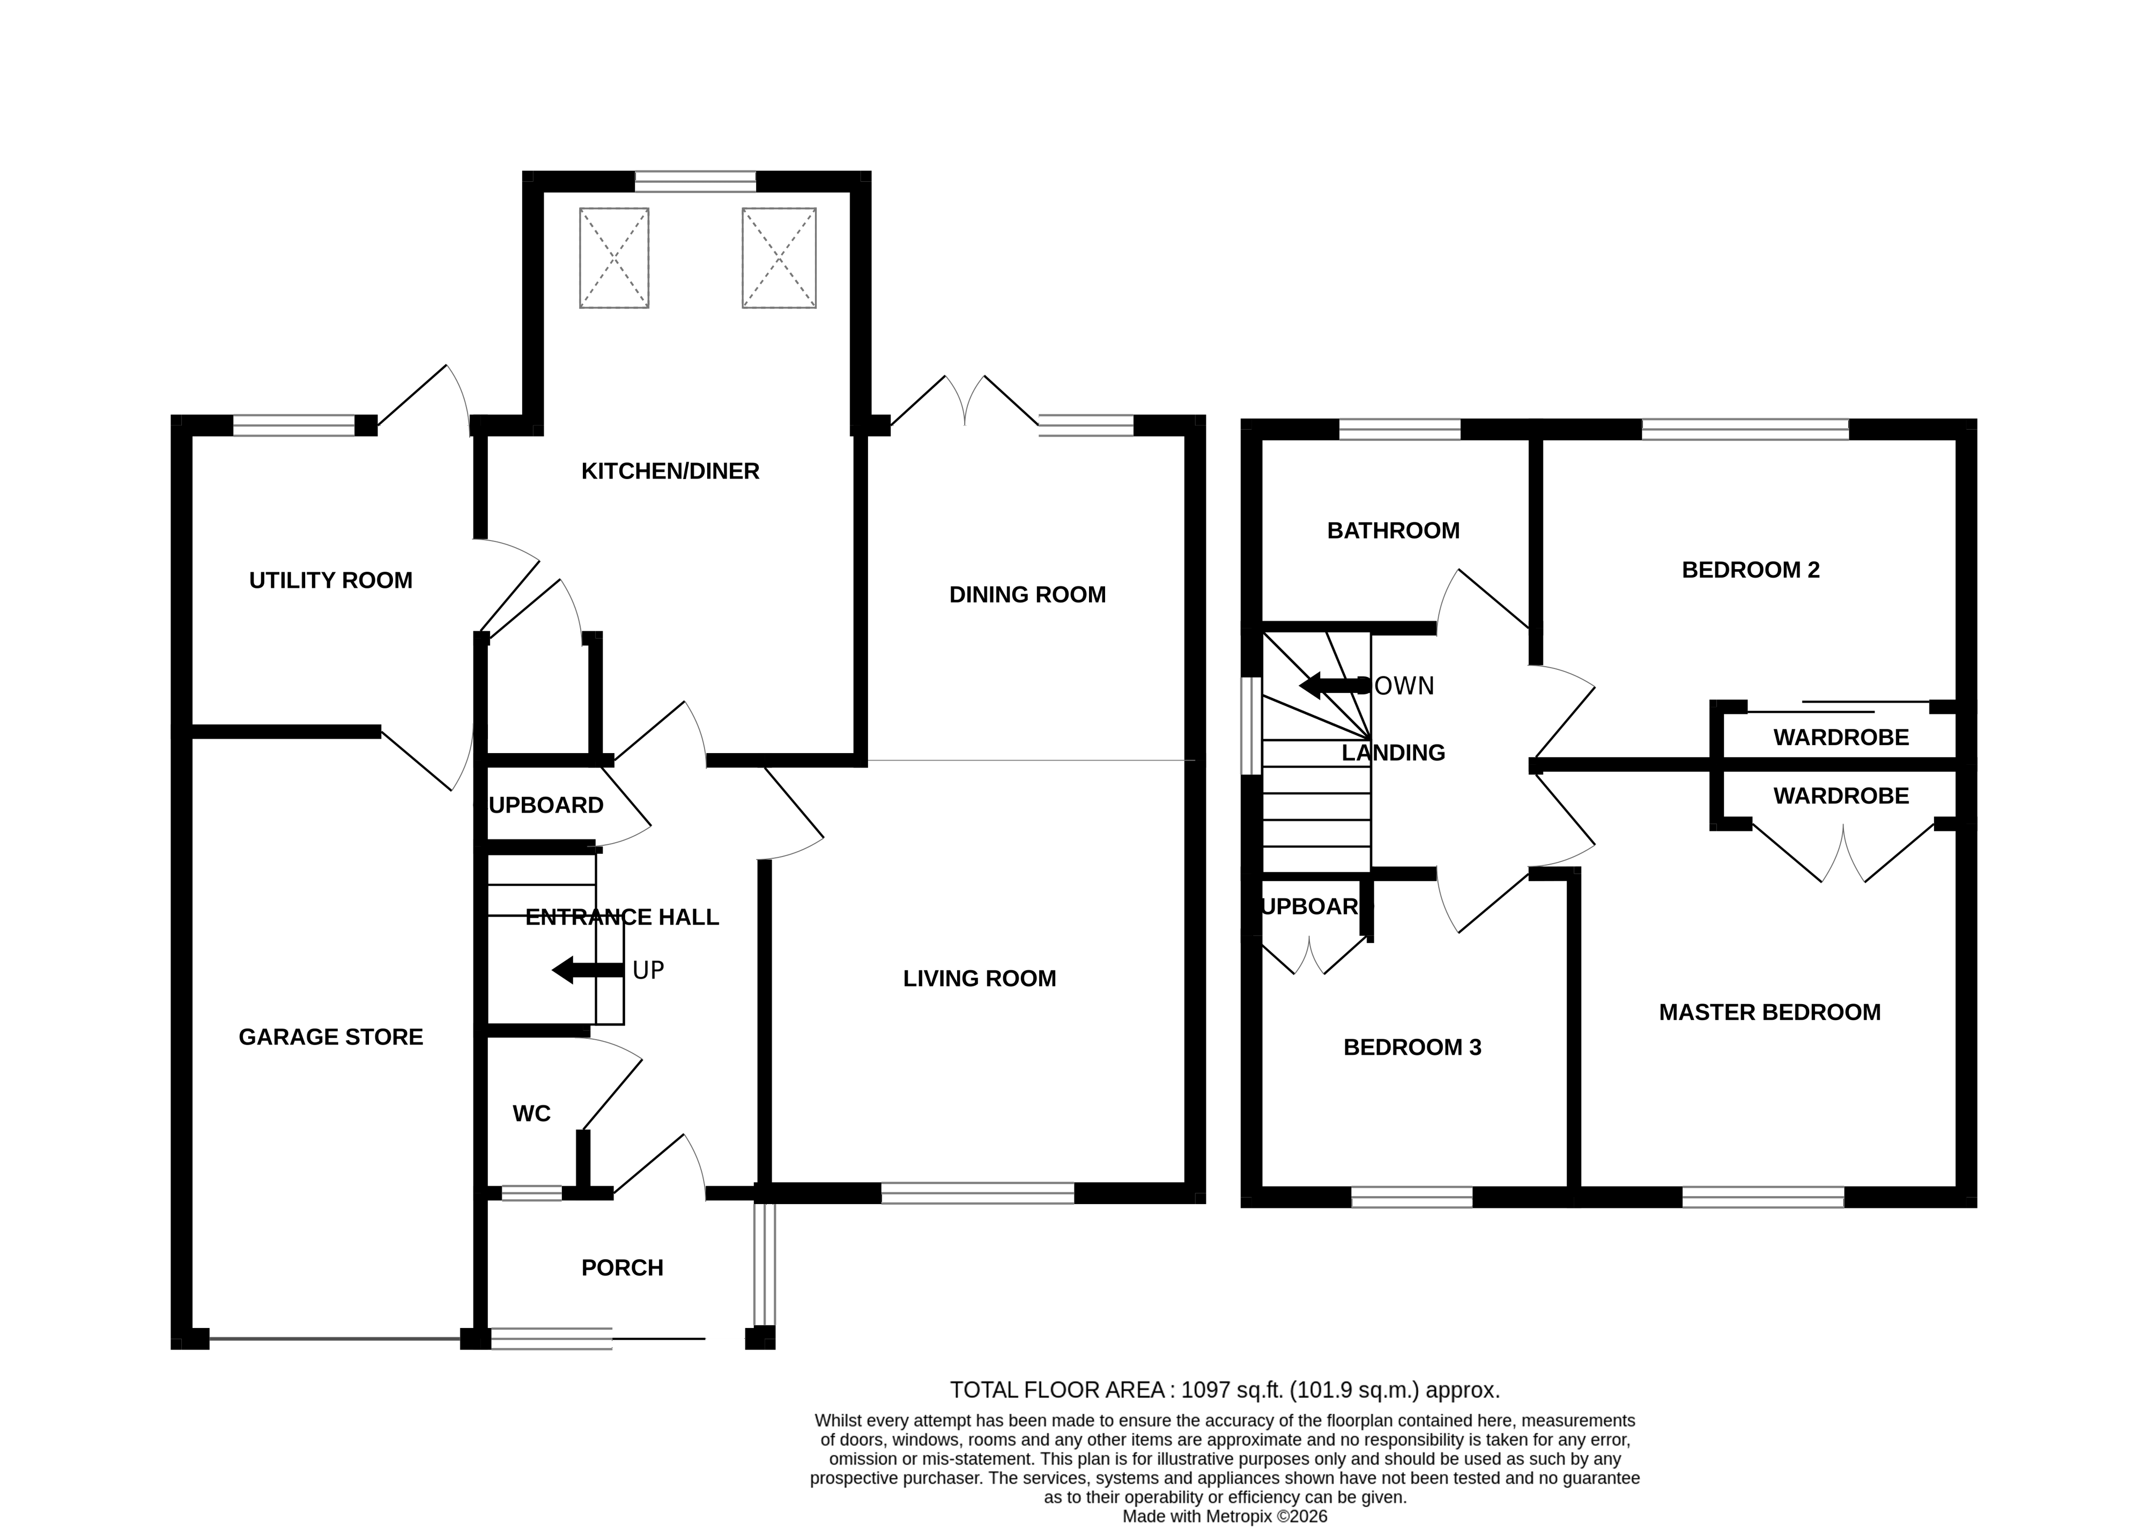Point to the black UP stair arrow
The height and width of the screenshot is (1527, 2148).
coord(587,970)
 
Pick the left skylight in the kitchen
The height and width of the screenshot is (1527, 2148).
coord(614,257)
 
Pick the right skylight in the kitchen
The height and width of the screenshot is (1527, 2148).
coord(779,257)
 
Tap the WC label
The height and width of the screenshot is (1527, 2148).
coord(531,1114)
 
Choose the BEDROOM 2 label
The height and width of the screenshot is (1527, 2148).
coord(1750,570)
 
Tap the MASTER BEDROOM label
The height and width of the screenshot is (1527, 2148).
coord(1768,1013)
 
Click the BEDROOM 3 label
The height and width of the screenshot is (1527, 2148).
coord(1411,1047)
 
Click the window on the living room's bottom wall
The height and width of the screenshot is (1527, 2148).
coord(977,1194)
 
